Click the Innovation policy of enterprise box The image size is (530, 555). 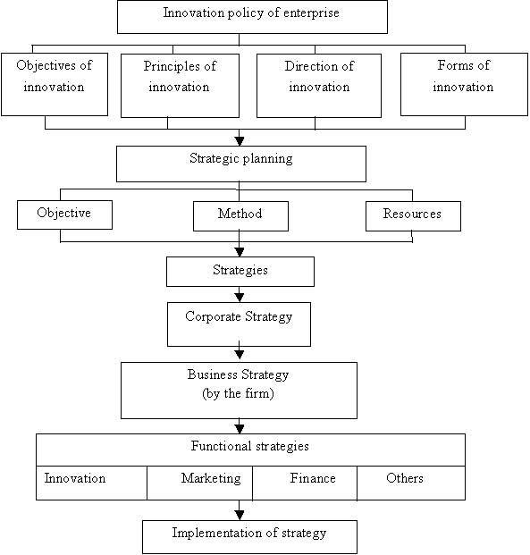252,17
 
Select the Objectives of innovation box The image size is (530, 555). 55,84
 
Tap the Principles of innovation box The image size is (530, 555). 180,86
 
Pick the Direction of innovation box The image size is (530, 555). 319,86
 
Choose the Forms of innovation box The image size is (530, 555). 464,84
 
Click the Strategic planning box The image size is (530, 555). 241,164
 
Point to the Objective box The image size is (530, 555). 64,214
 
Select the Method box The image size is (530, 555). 240,216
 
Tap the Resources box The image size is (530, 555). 413,216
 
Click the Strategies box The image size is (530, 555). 240,272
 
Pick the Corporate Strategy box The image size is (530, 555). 239,324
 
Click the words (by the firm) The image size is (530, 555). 238,393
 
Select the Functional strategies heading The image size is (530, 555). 250,446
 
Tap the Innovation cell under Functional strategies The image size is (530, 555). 91,483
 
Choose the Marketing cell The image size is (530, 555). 199,483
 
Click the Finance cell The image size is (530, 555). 305,483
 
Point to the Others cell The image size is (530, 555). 411,483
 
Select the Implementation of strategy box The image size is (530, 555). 249,537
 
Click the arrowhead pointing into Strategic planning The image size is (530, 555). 240,141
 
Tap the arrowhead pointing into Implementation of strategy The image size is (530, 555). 240,516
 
